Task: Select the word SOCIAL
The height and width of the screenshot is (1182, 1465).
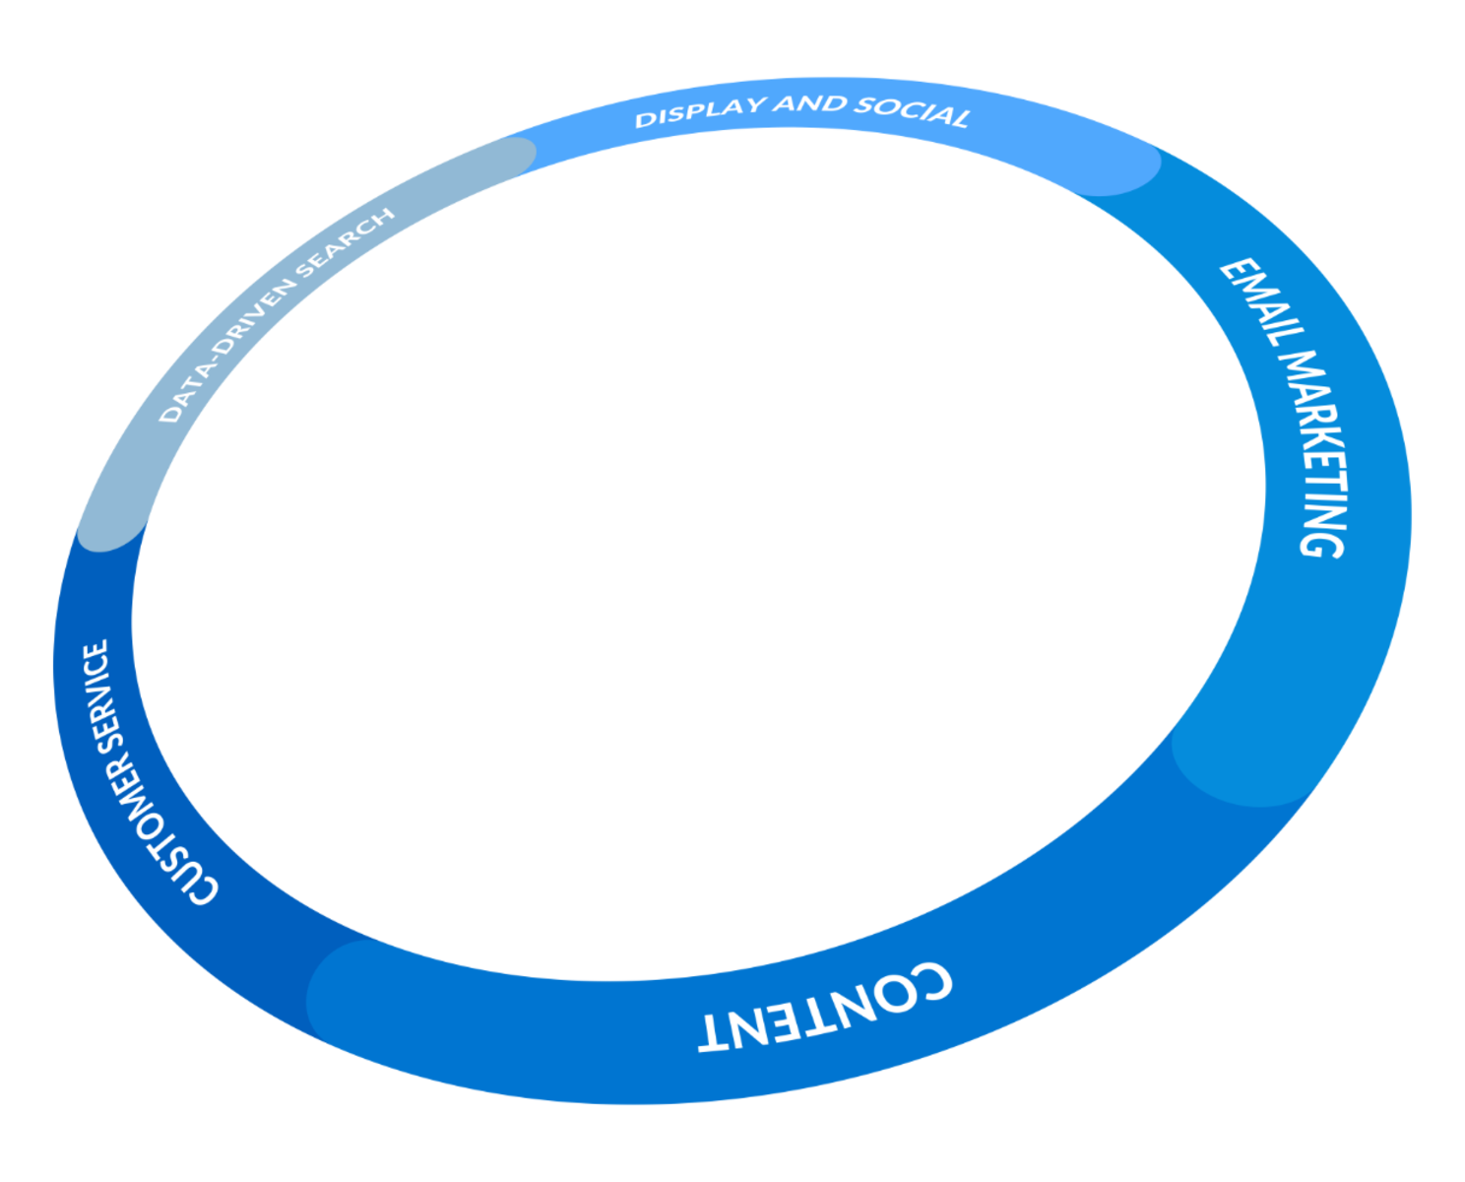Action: [911, 111]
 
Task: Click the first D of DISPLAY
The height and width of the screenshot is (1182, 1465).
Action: [646, 120]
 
